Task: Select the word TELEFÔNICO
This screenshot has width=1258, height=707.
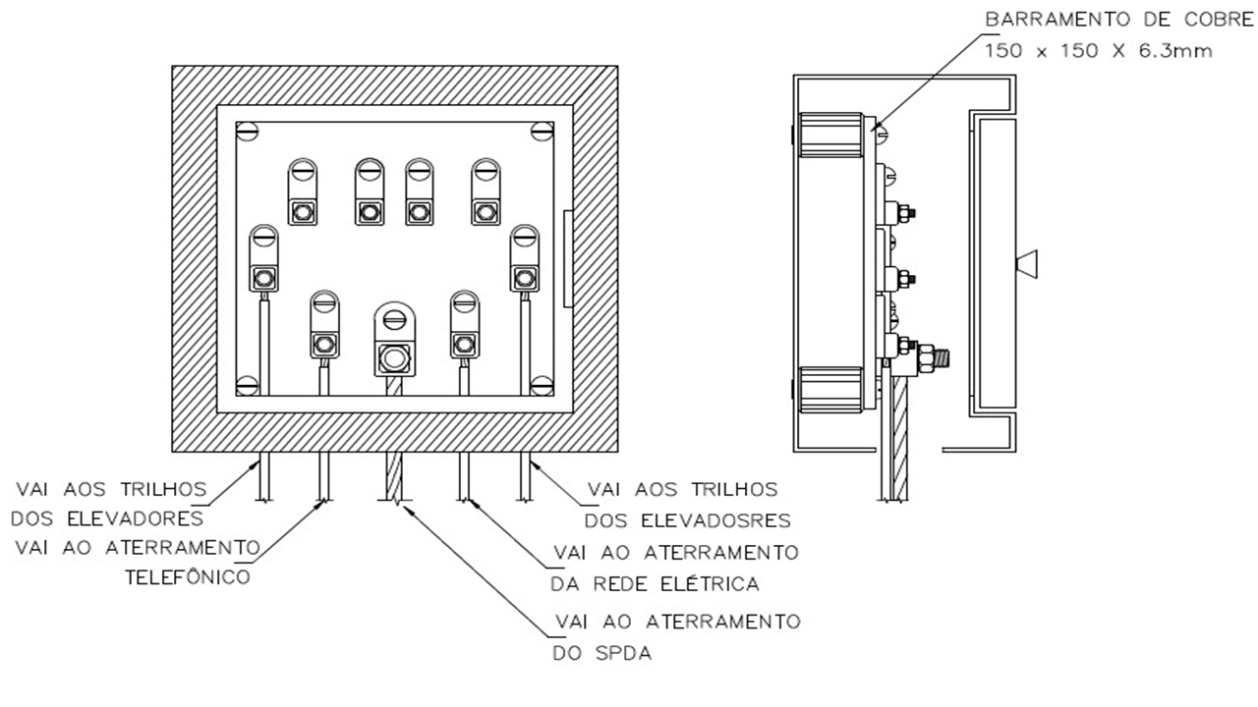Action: click(x=189, y=577)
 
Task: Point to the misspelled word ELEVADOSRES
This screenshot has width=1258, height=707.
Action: click(x=724, y=520)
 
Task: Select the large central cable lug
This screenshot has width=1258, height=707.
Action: click(x=395, y=340)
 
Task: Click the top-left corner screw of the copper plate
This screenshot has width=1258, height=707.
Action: click(x=249, y=130)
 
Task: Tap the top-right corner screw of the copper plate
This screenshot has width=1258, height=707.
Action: click(x=542, y=130)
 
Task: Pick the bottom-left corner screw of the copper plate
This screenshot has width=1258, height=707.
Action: click(x=249, y=385)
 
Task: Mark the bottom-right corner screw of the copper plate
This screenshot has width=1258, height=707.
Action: click(x=542, y=385)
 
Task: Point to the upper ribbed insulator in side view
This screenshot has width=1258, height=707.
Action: click(x=830, y=135)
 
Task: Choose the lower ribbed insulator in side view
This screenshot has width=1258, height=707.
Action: click(x=830, y=389)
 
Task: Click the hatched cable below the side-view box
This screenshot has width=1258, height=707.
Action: click(x=894, y=442)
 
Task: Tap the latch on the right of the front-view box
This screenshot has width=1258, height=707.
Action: click(x=566, y=257)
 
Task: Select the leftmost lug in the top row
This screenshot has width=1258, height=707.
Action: click(x=302, y=192)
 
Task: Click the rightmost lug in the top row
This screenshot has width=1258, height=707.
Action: click(x=485, y=192)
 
